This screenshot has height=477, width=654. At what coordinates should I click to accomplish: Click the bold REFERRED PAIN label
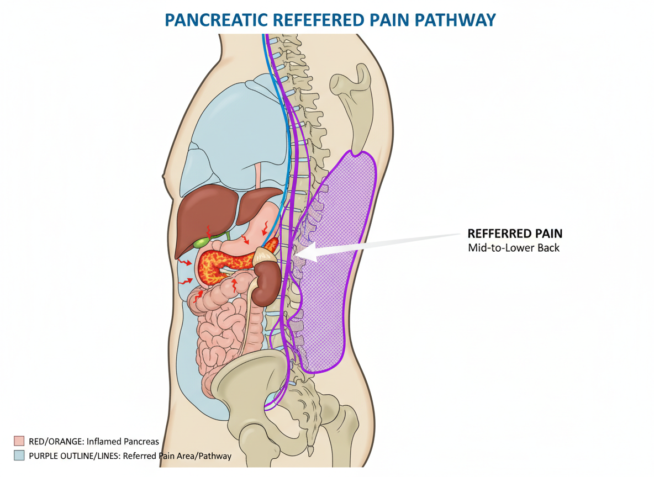(515, 233)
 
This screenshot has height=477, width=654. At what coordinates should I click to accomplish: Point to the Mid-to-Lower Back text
(514, 247)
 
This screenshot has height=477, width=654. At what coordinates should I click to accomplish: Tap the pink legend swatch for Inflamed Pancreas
(19, 441)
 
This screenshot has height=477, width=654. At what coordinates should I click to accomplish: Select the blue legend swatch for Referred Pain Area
(19, 455)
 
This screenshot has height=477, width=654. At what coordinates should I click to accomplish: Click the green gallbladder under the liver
(201, 242)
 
